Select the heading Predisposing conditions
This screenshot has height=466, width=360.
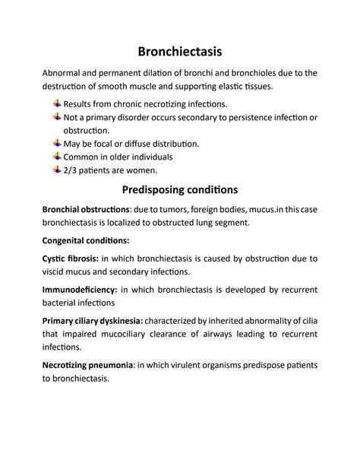coord(180,189)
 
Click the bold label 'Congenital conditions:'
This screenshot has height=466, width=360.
coord(90,239)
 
